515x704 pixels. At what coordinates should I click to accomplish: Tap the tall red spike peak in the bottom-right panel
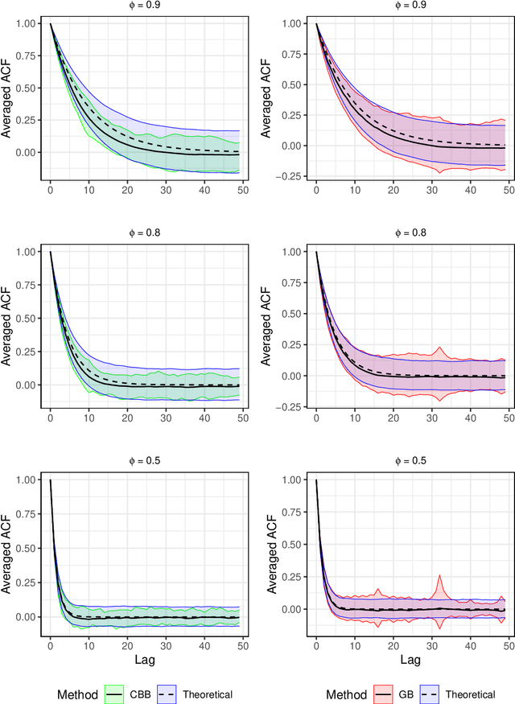pyautogui.click(x=439, y=575)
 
